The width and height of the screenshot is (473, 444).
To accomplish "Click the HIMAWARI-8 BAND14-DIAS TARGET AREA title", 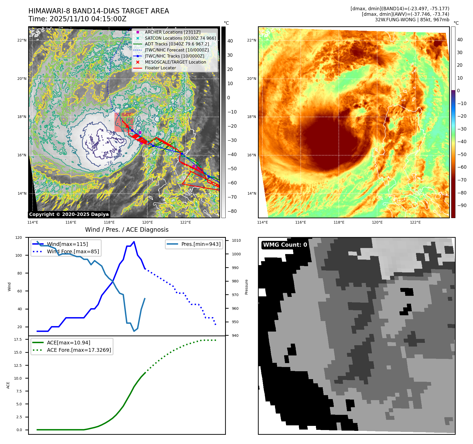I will click(98, 11).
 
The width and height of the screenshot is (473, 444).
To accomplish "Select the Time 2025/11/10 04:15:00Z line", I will click(77, 19).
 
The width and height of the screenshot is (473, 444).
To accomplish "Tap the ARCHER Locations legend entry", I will click(172, 32).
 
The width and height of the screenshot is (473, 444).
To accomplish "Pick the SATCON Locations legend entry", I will click(180, 38).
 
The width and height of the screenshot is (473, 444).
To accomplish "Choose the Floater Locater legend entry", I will click(160, 68).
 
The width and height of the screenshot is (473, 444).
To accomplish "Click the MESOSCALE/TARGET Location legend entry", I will click(175, 62).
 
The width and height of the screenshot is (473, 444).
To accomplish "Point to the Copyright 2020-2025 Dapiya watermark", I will click(69, 214).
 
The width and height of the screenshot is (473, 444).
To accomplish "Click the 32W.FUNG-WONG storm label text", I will click(412, 20).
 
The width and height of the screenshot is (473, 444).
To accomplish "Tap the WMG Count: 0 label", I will click(285, 245).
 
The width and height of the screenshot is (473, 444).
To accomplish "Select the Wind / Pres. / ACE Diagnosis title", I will click(127, 230).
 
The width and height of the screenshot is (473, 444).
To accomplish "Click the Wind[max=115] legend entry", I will click(67, 244).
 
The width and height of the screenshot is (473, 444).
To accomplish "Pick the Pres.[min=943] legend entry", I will click(201, 244).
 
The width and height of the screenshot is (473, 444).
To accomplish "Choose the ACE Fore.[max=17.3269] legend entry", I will click(79, 350).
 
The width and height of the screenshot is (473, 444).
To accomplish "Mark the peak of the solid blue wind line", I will click(134, 241).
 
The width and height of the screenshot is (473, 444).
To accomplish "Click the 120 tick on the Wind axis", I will click(19, 238).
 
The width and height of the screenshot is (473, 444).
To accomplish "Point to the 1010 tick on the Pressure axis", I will click(236, 240).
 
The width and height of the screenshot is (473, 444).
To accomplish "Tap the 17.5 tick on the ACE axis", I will click(18, 339).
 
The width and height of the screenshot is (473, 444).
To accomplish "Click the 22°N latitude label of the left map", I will click(22, 40).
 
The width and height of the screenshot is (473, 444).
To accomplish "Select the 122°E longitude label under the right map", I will click(415, 222).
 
